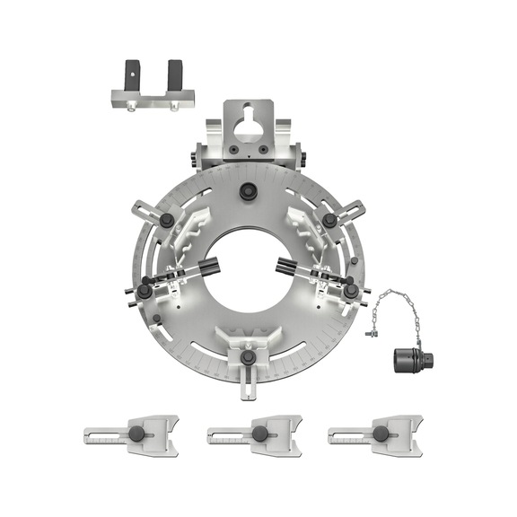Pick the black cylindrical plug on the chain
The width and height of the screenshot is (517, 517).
coord(408,360)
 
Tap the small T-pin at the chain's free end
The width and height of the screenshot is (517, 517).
coord(369,335)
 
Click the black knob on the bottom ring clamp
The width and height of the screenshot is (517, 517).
coord(249,361)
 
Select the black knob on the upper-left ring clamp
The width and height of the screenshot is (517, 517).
coord(166,221)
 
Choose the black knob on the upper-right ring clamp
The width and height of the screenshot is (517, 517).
coord(330,221)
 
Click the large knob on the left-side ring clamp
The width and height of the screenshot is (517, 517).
coord(145,291)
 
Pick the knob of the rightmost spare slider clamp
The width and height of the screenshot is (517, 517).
coord(381,434)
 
